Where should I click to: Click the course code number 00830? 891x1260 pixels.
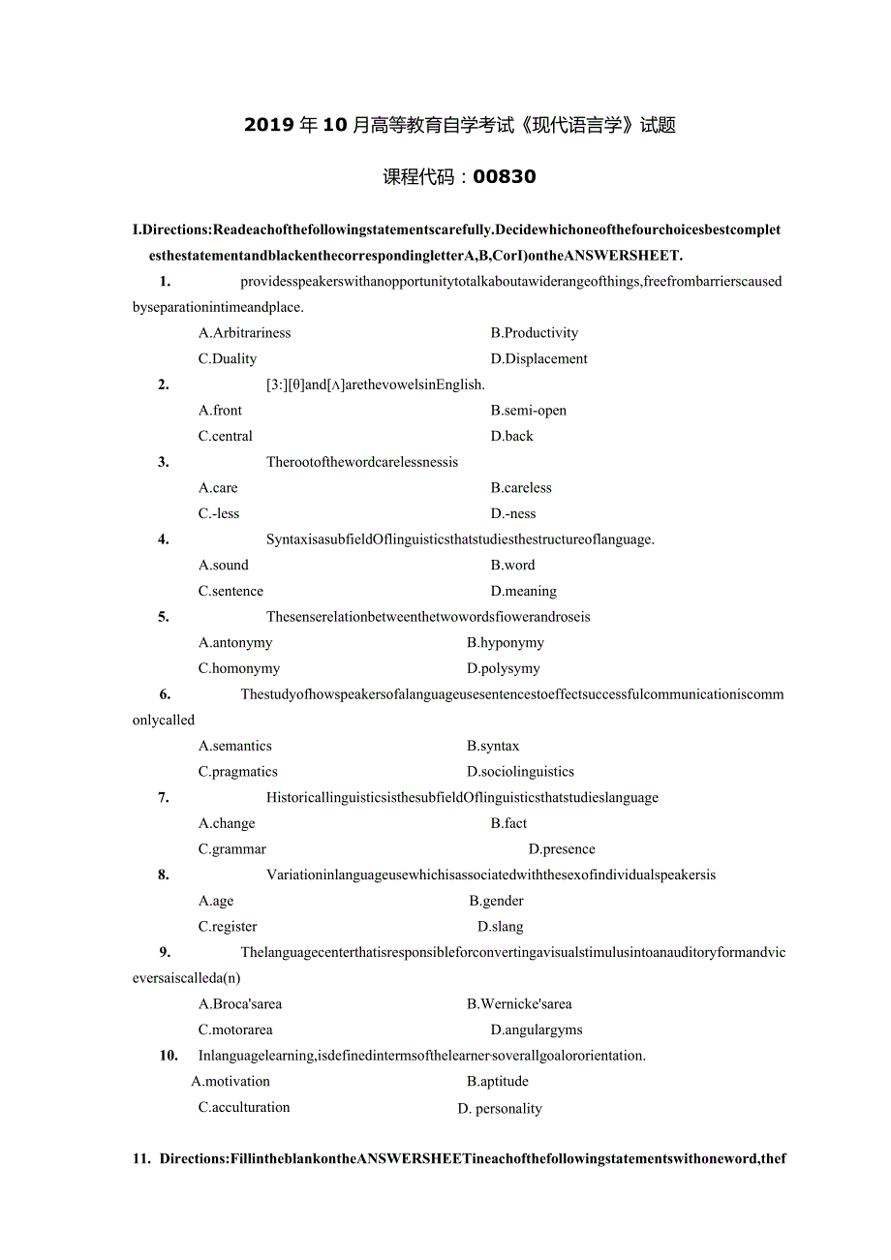[x=505, y=176]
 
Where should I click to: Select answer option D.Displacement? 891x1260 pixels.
[x=538, y=358]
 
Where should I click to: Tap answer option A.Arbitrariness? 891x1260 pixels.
[x=244, y=332]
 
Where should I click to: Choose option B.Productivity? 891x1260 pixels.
[x=534, y=332]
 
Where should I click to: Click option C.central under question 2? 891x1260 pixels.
[x=226, y=436]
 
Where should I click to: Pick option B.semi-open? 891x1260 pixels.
[x=528, y=410]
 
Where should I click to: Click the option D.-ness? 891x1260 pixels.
[x=512, y=513]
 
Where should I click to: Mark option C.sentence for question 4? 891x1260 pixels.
[x=230, y=591]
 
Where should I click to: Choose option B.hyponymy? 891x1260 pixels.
[x=505, y=642]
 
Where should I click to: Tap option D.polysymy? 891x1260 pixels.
[x=503, y=668]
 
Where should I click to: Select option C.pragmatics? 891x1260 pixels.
[x=237, y=772]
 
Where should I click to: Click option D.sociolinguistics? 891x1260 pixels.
[x=520, y=772]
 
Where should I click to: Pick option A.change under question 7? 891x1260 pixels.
[x=227, y=823]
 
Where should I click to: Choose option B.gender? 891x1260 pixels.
[x=496, y=901]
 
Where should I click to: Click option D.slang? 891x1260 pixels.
[x=500, y=927]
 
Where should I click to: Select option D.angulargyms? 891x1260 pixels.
[x=536, y=1030]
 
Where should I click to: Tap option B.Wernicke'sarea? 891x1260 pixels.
[x=519, y=1004]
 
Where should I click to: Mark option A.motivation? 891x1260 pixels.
[x=230, y=1081]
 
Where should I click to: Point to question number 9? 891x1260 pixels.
[x=166, y=952]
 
